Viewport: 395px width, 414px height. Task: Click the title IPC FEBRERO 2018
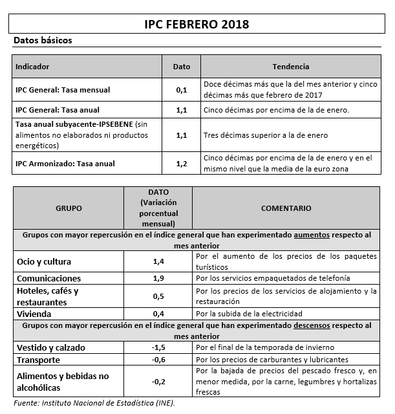tap(197, 24)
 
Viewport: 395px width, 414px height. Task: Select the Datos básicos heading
tap(43, 40)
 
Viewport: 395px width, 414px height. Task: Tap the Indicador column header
tap(32, 67)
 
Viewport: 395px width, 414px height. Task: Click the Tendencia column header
tap(291, 67)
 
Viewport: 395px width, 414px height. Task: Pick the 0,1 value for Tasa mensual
tap(182, 90)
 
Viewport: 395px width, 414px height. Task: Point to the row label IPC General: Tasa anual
tap(58, 110)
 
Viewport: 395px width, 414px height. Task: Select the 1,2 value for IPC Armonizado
tap(182, 163)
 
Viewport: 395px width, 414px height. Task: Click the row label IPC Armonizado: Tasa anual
tap(65, 163)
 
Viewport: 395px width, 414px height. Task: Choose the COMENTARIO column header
tap(286, 208)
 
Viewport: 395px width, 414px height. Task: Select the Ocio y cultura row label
tap(44, 262)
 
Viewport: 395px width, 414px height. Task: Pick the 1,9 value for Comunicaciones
tap(158, 278)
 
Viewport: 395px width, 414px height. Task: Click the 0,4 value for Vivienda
tap(158, 314)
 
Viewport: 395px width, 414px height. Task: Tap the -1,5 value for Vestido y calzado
tap(158, 347)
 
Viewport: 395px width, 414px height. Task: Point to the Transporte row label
tap(39, 360)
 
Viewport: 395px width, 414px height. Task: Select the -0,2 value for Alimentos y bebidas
tap(158, 382)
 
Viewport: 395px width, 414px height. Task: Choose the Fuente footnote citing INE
tap(94, 403)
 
